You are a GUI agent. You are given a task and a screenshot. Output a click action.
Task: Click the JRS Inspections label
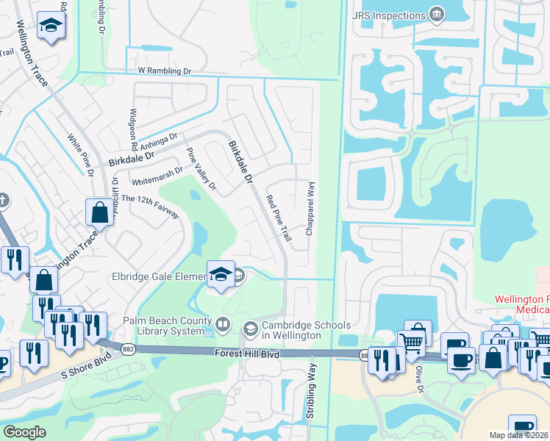(x=390, y=15)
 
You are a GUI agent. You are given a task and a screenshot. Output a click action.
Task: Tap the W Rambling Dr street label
(x=164, y=71)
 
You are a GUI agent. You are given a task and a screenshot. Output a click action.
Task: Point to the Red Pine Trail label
(x=279, y=218)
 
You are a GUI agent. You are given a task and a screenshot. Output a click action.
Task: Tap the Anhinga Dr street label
(x=164, y=139)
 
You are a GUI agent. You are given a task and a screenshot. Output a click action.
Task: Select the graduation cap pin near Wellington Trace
(x=51, y=27)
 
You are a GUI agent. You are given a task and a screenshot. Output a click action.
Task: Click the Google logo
(x=24, y=431)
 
